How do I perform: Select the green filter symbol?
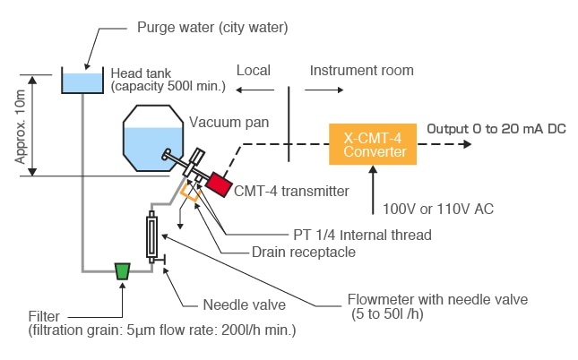click(123, 270)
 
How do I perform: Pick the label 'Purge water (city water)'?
click(211, 27)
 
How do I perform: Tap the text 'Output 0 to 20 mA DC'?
click(496, 128)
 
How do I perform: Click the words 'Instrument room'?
click(361, 70)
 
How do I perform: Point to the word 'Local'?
click(253, 70)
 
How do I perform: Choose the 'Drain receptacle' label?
click(304, 252)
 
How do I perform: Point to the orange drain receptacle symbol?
click(189, 190)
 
